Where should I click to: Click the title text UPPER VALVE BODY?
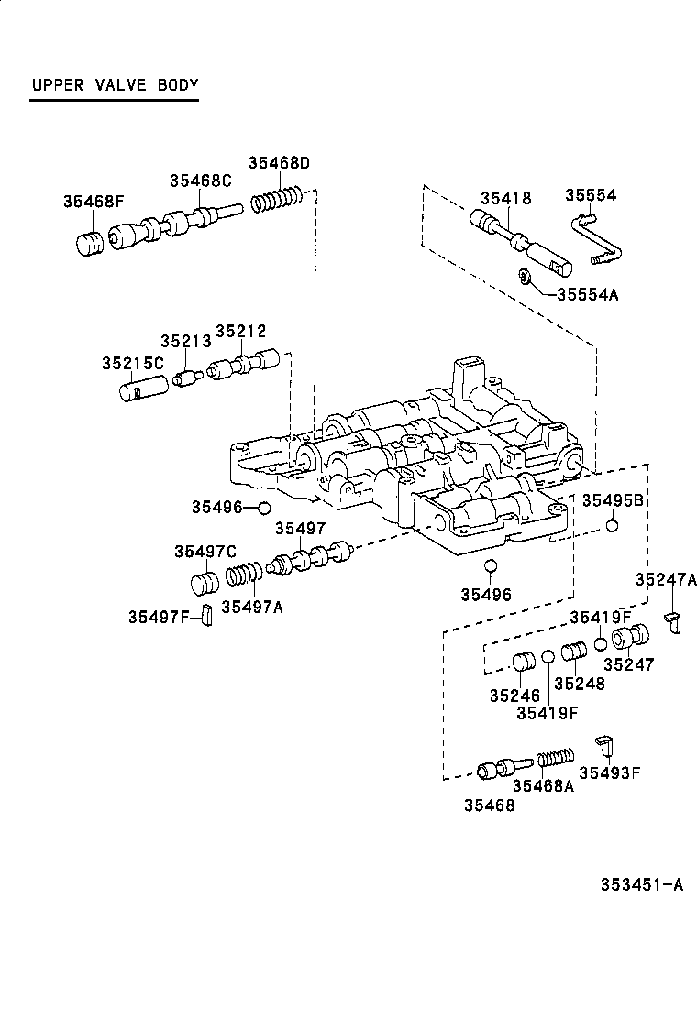click(115, 86)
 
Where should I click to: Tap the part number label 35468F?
click(94, 202)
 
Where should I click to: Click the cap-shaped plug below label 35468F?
click(88, 245)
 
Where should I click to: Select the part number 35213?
click(185, 341)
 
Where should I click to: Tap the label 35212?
click(240, 331)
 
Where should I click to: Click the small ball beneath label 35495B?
click(613, 526)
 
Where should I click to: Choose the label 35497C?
click(205, 551)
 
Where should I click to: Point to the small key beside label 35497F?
click(207, 617)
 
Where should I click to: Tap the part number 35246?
click(514, 696)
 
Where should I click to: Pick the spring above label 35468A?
click(554, 759)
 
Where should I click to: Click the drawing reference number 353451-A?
click(642, 884)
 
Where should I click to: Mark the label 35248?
click(579, 684)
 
